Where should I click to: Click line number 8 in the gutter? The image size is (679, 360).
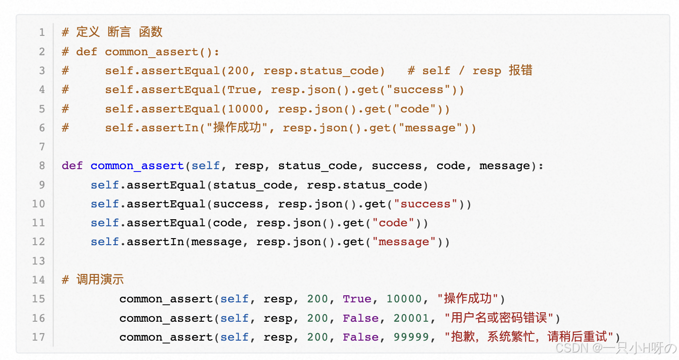[x=42, y=166]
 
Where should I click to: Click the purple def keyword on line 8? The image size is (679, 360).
[x=72, y=166]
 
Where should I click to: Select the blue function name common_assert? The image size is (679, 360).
[x=137, y=166]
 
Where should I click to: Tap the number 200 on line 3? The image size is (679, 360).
[x=238, y=71]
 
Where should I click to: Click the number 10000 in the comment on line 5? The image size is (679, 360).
[x=245, y=109]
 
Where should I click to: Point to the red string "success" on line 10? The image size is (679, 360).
[x=425, y=204]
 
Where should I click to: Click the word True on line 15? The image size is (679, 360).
[x=357, y=299]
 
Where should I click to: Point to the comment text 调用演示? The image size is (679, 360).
[x=100, y=280]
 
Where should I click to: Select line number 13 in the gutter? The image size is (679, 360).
[x=39, y=261]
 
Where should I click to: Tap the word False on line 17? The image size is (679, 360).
[x=361, y=337]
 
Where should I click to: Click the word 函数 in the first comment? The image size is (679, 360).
[x=151, y=32]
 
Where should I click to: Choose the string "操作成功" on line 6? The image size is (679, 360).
[x=238, y=128]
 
